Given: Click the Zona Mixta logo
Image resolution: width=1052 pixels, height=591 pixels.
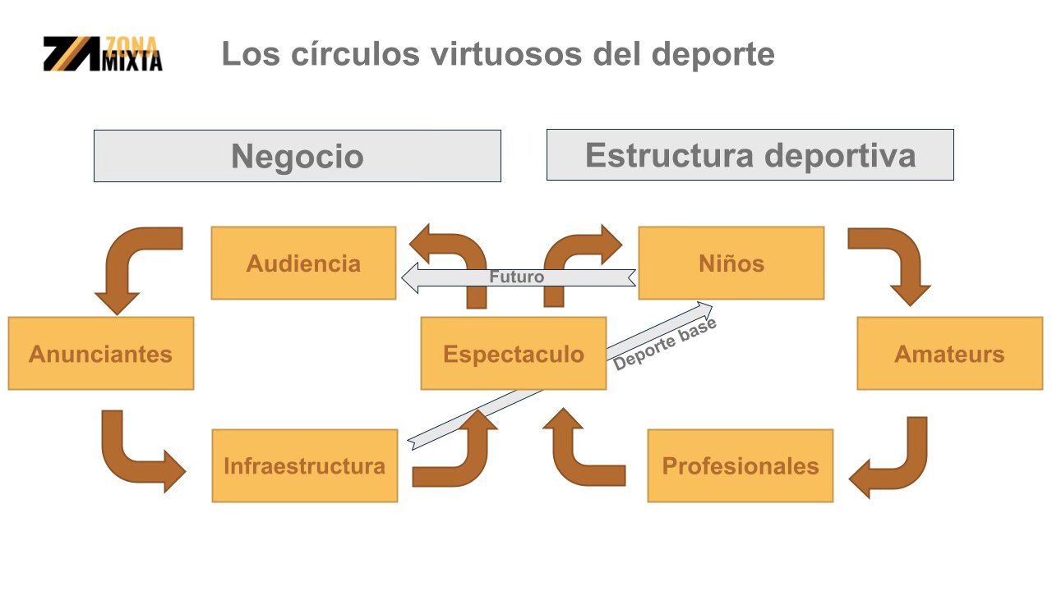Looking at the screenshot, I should tap(103, 54).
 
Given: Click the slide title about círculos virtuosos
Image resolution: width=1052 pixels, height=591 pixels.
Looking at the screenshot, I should tap(497, 54).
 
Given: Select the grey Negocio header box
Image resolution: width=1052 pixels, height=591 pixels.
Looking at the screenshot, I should tap(297, 156).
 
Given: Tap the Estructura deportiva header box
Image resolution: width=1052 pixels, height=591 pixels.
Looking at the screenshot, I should tap(750, 154).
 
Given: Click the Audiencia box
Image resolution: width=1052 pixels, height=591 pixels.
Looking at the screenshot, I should tap(303, 263).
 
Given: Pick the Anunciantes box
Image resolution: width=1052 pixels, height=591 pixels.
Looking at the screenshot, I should tap(100, 354).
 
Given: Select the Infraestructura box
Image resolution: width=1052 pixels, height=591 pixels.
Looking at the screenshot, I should tap(304, 465).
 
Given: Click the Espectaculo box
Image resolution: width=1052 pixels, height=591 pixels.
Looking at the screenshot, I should tap(513, 354).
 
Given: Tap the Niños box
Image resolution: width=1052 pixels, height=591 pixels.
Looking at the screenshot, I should tap(731, 263).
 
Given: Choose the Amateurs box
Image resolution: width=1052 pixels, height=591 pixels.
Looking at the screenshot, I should tap(949, 354).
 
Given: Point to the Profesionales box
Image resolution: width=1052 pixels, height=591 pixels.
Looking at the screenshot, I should tap(740, 465).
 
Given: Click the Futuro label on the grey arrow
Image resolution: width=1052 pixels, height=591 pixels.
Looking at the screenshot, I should tap(516, 277).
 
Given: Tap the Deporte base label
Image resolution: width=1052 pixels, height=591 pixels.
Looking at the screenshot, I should tap(665, 344).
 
